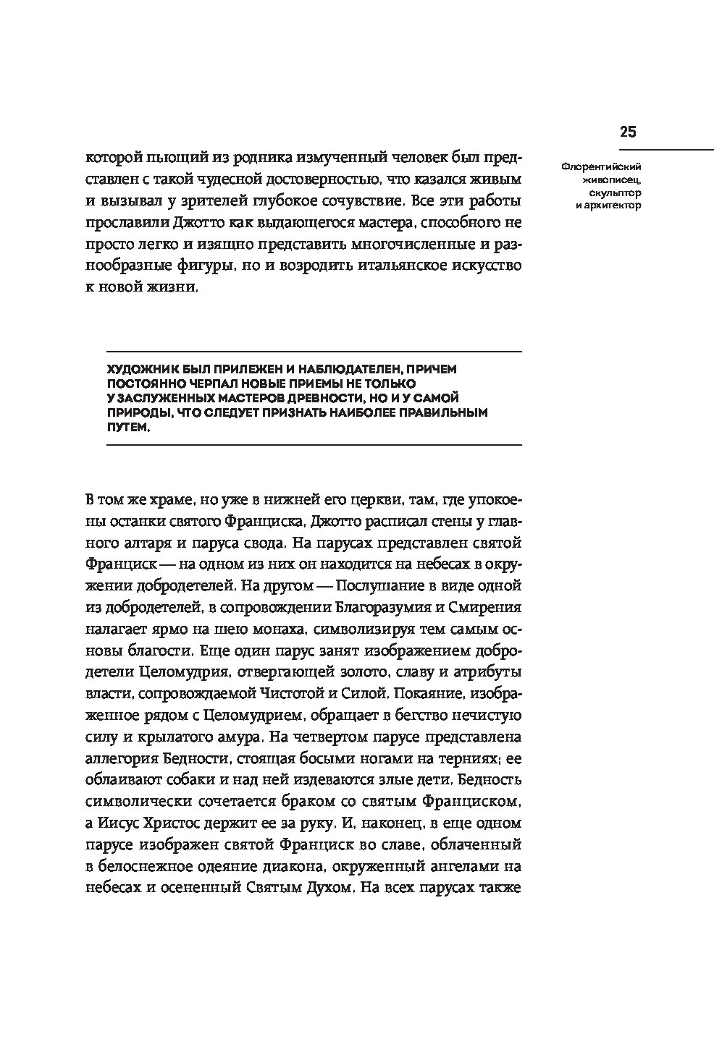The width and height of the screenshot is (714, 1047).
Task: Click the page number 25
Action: (627, 132)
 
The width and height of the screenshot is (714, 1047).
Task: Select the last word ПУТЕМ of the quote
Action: (129, 427)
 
